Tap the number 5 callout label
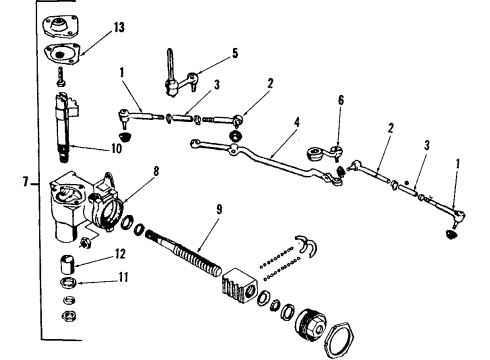coord(234,54)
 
